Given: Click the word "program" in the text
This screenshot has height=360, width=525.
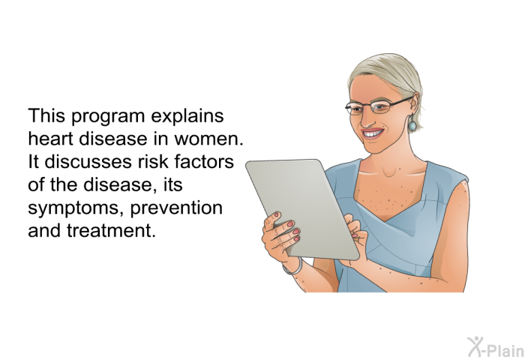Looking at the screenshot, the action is pos(108,117).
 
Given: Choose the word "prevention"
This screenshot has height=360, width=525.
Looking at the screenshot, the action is pos(176,208).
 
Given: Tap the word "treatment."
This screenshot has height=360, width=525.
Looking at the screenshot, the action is pos(112,230).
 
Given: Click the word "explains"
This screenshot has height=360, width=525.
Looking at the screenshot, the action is pos(187,117).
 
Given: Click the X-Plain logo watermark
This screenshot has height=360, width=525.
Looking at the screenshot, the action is pos(496,347).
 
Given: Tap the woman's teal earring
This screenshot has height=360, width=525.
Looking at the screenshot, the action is pos(412,124).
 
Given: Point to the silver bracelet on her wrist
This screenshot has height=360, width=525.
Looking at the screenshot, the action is pos(293,268).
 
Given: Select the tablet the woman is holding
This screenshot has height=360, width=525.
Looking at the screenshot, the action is pos(303,209).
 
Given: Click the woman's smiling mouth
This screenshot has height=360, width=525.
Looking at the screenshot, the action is pos(373,133).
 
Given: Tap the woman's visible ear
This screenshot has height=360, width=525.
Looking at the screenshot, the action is pos(414,104).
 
